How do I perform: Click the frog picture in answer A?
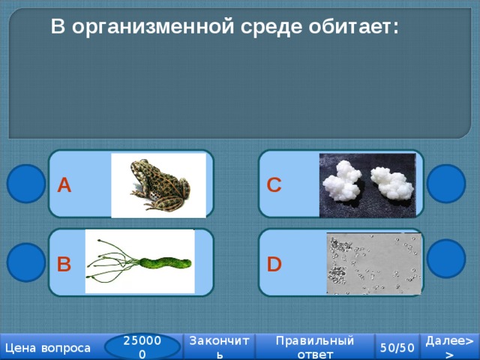(158, 185)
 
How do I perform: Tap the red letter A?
(64, 185)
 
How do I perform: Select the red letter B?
(64, 264)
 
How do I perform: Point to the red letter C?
(274, 185)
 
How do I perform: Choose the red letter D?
(274, 264)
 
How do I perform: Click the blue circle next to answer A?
(26, 184)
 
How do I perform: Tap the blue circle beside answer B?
(26, 262)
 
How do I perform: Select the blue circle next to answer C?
(446, 184)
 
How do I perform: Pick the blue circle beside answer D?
(446, 259)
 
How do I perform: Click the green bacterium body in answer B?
(165, 263)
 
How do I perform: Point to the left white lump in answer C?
(342, 181)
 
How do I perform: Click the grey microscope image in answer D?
(374, 263)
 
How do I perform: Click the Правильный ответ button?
(315, 346)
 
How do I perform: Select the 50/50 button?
(397, 347)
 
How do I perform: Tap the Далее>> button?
(450, 346)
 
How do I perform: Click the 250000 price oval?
(142, 346)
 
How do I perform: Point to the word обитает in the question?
(353, 26)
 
